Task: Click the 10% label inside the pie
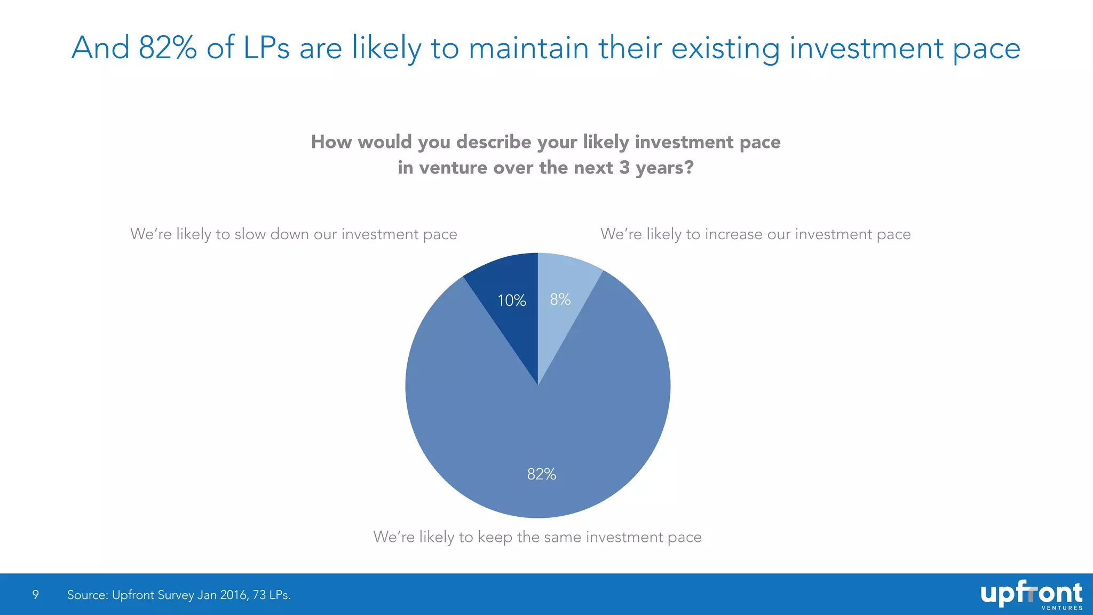(511, 301)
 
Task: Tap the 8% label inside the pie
(560, 299)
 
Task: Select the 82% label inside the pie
(541, 474)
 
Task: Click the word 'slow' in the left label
(250, 234)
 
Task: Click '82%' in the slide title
(168, 48)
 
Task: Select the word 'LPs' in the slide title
(266, 48)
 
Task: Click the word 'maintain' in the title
(529, 48)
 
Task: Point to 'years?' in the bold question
(664, 168)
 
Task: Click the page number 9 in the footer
(35, 595)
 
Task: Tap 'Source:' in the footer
(87, 595)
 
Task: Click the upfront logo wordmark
(1030, 593)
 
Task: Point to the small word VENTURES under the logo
(1062, 608)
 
